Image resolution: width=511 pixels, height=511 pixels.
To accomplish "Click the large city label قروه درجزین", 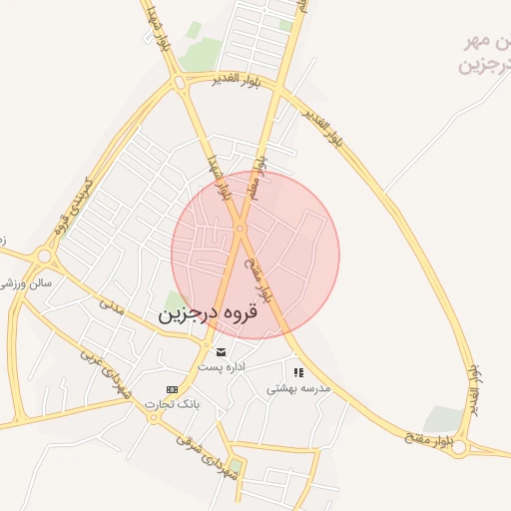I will coord(208,313).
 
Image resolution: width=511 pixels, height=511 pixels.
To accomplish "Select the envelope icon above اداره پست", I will coord(221,351).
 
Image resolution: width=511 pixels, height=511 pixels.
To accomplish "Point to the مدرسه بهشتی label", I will coord(297,389).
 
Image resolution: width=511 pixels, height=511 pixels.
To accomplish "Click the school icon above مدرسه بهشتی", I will coord(298,372).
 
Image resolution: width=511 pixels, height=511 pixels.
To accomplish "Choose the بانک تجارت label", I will coord(172,404).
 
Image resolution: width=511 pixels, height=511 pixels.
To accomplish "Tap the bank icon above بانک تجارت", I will coord(172,389).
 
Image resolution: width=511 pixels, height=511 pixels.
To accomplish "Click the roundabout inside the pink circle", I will coord(241,229).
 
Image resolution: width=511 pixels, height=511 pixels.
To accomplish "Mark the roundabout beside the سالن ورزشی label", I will coord(43,258).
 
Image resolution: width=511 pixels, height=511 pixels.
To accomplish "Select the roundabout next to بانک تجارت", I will coord(154,417).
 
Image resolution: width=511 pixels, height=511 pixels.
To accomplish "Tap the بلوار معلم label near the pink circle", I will coord(257,173).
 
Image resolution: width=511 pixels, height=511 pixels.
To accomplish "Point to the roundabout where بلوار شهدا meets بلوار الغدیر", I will coord(181,84).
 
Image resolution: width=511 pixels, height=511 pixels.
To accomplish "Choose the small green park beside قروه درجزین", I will coord(176,298).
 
